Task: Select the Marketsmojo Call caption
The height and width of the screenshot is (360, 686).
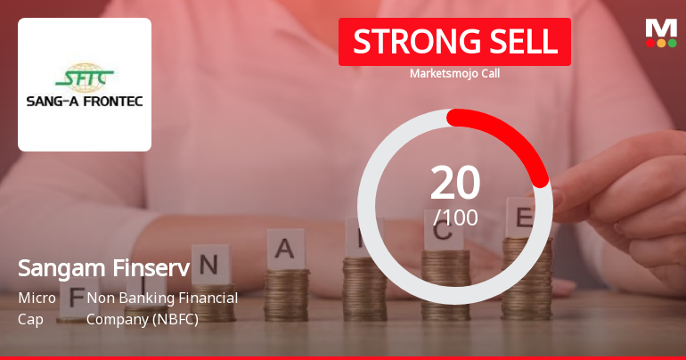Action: point(454,73)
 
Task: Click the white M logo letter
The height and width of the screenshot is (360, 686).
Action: point(661,28)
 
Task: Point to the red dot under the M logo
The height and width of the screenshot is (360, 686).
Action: point(650,43)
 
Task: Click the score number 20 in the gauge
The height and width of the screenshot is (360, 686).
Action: point(455,183)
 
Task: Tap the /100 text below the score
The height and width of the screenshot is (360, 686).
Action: point(455,217)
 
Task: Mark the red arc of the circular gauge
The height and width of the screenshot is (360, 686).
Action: point(512,134)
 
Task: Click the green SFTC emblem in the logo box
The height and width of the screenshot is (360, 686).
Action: point(85,74)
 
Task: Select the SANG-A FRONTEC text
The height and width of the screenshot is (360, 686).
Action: point(85,101)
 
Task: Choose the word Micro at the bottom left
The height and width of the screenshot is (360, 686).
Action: point(37,298)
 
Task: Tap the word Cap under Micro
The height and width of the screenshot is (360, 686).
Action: point(29,318)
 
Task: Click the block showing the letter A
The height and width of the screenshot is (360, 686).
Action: point(285,250)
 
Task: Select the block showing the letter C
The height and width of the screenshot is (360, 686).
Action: point(443,233)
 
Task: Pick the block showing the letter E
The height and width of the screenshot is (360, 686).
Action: point(523,217)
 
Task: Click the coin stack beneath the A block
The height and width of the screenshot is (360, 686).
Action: point(287,294)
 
